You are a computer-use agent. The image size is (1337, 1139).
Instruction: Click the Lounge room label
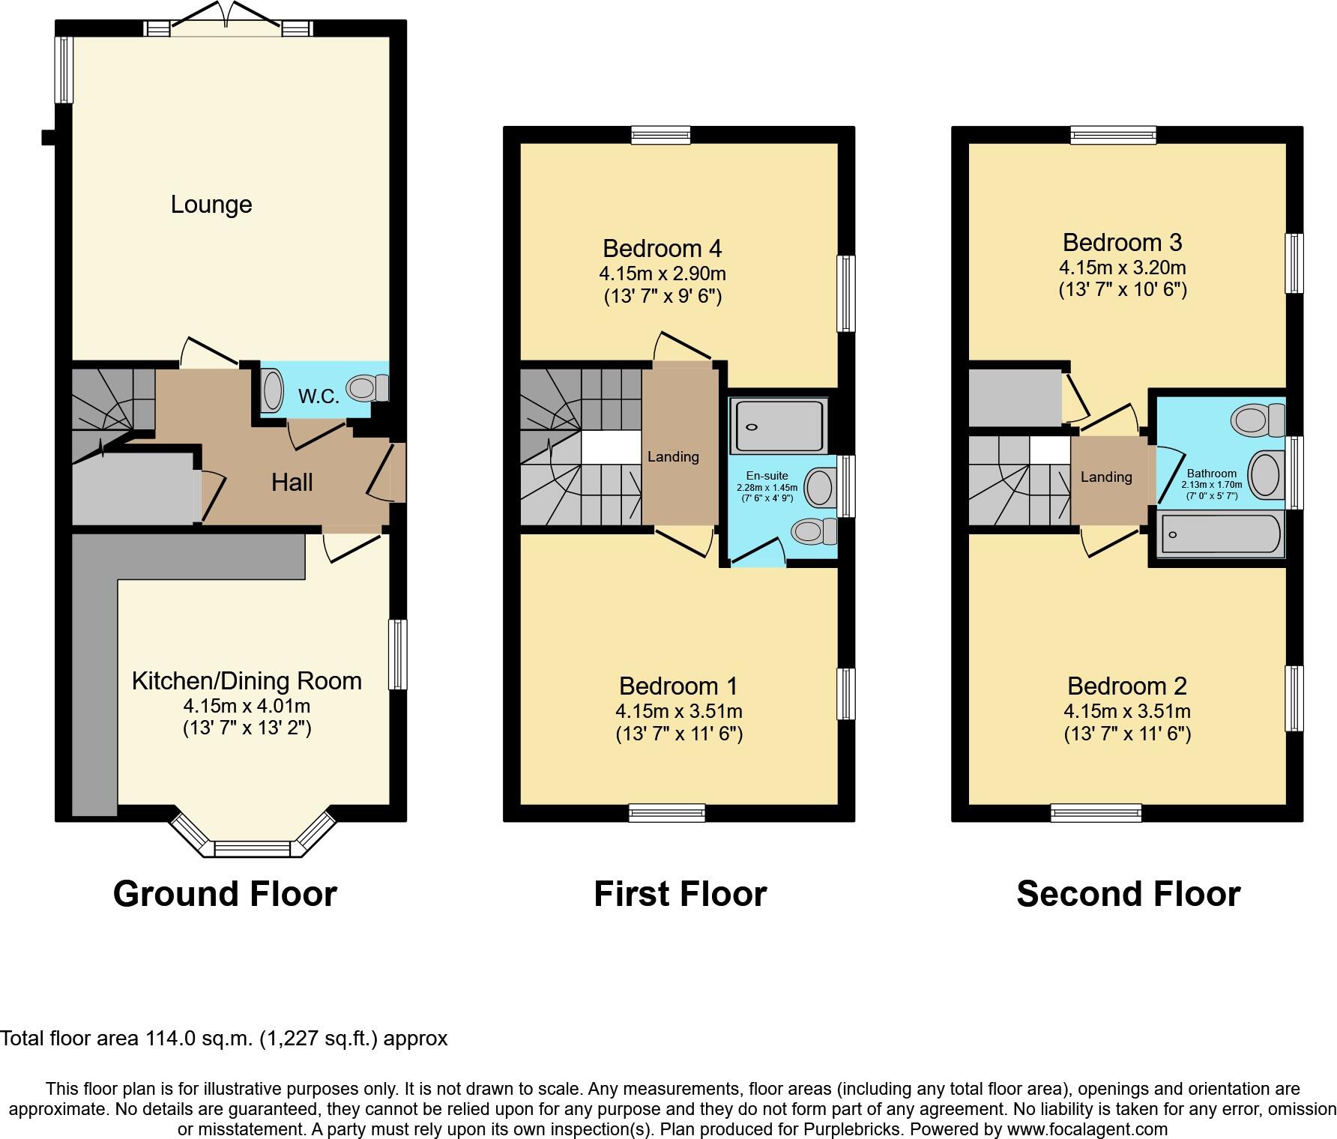click(x=211, y=205)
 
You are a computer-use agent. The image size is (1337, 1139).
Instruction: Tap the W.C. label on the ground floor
click(x=319, y=396)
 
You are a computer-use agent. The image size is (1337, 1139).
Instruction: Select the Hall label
click(x=292, y=482)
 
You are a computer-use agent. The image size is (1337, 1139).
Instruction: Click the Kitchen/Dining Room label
click(x=247, y=681)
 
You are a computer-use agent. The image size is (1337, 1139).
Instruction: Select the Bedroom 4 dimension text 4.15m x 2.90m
click(x=662, y=273)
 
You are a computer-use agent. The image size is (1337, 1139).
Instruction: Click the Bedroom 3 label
click(x=1122, y=243)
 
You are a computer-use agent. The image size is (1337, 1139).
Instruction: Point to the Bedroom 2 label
click(x=1126, y=686)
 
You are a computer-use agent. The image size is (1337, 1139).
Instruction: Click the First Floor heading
click(x=680, y=894)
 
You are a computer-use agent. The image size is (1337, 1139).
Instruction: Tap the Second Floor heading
click(x=1128, y=894)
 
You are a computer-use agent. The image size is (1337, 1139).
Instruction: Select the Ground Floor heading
click(x=225, y=894)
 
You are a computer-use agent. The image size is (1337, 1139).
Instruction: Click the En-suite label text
click(x=767, y=476)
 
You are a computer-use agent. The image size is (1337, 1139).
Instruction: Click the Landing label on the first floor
click(x=673, y=456)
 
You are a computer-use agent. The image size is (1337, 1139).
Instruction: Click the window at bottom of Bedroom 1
click(x=666, y=812)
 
